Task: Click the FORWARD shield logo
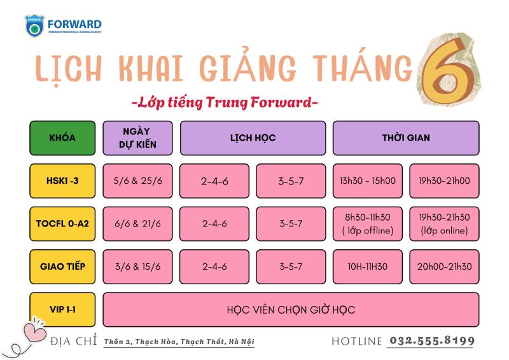[x=34, y=25]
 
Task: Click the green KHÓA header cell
[x=62, y=138]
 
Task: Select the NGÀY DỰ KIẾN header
[x=137, y=138]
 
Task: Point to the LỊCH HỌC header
[x=253, y=138]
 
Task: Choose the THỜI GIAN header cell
[x=406, y=138]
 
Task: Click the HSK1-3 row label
[x=62, y=181]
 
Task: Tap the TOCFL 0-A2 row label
[x=62, y=224]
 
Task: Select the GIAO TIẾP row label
[x=62, y=267]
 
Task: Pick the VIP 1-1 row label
[x=62, y=309]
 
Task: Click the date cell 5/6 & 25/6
[x=137, y=181]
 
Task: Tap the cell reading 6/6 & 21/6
[x=137, y=224]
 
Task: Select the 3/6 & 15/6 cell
[x=137, y=267]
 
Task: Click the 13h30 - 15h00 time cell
[x=368, y=181]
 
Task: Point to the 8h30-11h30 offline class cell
[x=368, y=224]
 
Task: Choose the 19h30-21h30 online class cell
[x=444, y=224]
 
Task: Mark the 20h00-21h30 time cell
[x=444, y=267]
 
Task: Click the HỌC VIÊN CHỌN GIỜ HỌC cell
[x=291, y=309]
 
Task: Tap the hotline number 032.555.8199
[x=432, y=340]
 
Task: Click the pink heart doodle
[x=34, y=331]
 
